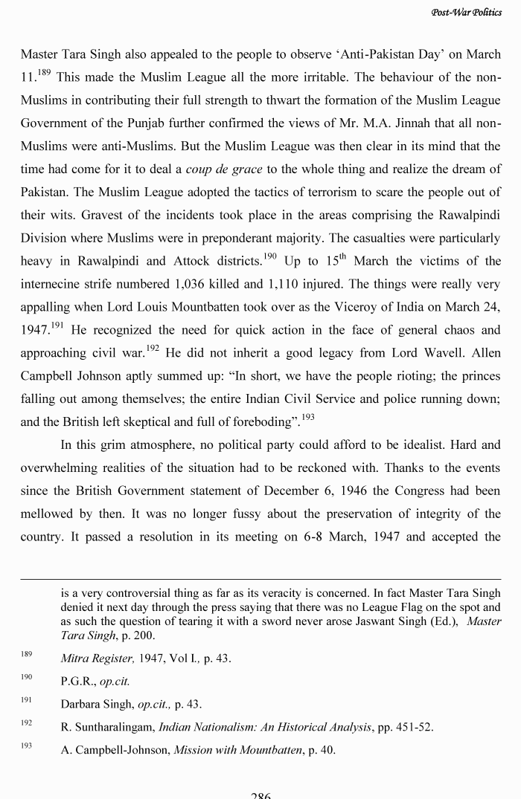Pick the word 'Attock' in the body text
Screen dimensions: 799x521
[x=194, y=261]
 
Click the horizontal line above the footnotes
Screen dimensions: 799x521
[x=260, y=579]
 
